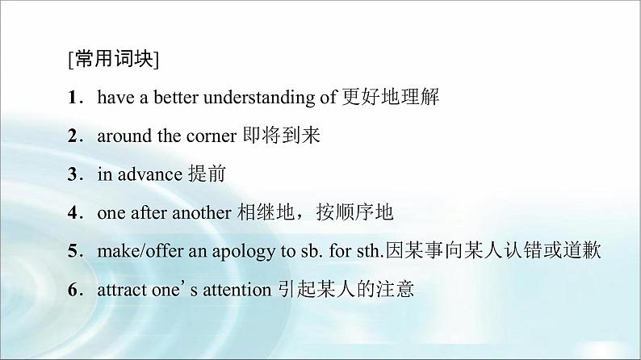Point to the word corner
pyautogui.click(x=211, y=136)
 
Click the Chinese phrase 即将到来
pyautogui.click(x=283, y=136)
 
